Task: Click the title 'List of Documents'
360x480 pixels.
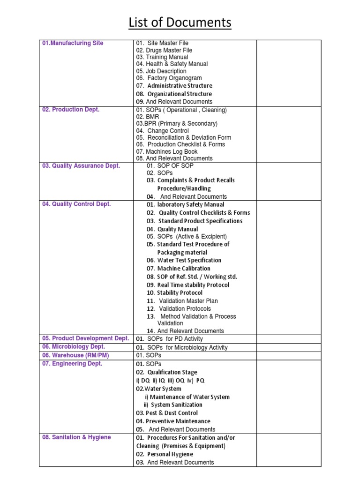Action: [x=180, y=22]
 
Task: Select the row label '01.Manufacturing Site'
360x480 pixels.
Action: [x=73, y=43]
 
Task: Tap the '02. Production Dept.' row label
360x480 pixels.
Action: [x=71, y=110]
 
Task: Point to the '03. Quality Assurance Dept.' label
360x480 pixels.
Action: [x=81, y=166]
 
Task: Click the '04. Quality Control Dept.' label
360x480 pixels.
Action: [x=76, y=204]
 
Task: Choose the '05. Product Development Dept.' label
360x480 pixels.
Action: [x=85, y=338]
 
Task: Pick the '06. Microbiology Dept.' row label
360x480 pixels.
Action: [x=74, y=347]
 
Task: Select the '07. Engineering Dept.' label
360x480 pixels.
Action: [x=72, y=364]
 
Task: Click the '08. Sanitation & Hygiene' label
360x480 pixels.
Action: [x=76, y=437]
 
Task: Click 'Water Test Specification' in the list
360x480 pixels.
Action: [x=189, y=260]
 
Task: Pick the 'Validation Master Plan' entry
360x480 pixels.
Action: [x=188, y=301]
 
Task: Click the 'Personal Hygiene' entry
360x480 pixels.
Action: [x=170, y=454]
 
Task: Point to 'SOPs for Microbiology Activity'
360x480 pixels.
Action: [x=187, y=347]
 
